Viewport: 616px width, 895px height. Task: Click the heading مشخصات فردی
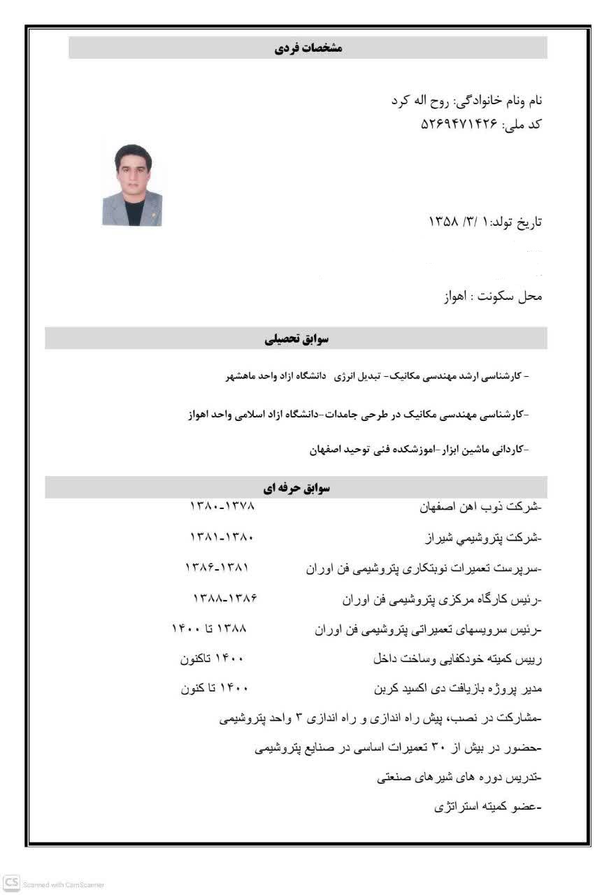(307, 48)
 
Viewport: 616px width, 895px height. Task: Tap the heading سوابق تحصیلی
(296, 339)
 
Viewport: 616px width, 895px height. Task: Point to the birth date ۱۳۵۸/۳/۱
(458, 222)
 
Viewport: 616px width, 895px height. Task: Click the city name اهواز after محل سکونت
(457, 296)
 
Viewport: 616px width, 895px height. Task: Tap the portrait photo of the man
(132, 185)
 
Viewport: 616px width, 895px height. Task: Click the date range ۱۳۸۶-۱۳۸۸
(225, 599)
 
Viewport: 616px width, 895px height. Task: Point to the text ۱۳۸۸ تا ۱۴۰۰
(209, 628)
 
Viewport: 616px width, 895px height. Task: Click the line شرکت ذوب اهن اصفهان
(480, 506)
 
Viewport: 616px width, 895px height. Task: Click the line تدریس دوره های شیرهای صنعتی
(459, 777)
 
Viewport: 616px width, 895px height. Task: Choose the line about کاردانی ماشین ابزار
(419, 449)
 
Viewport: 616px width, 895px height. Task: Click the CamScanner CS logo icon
(10, 883)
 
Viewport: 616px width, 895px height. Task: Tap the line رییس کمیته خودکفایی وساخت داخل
(457, 658)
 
